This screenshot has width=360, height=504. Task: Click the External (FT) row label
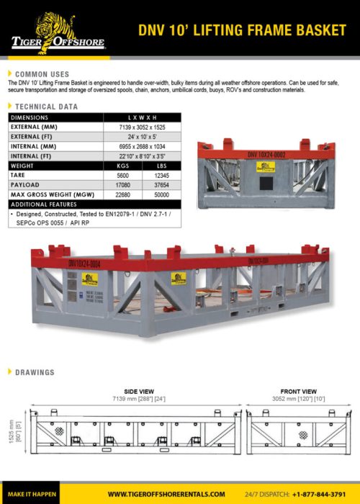[39, 135]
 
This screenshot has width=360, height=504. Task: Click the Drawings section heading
[34, 372]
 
